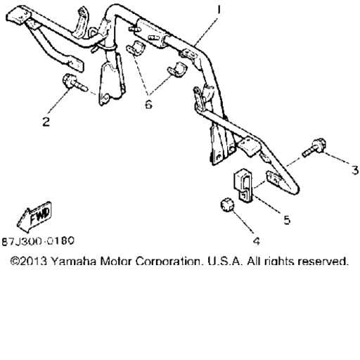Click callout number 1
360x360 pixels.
pos(219,10)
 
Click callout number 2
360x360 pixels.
pos(46,122)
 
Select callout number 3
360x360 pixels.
pos(355,170)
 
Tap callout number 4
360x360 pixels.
pos(257,241)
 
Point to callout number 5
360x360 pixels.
pos(287,220)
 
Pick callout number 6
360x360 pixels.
pos(148,104)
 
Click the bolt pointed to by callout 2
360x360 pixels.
pos(75,83)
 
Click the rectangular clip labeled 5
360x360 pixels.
pos(244,185)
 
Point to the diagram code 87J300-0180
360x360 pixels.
pos(38,241)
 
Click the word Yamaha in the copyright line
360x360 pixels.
pos(74,261)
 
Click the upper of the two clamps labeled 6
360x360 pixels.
pos(136,49)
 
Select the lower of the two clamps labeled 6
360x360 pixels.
pos(177,70)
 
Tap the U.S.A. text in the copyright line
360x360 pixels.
pos(225,261)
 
